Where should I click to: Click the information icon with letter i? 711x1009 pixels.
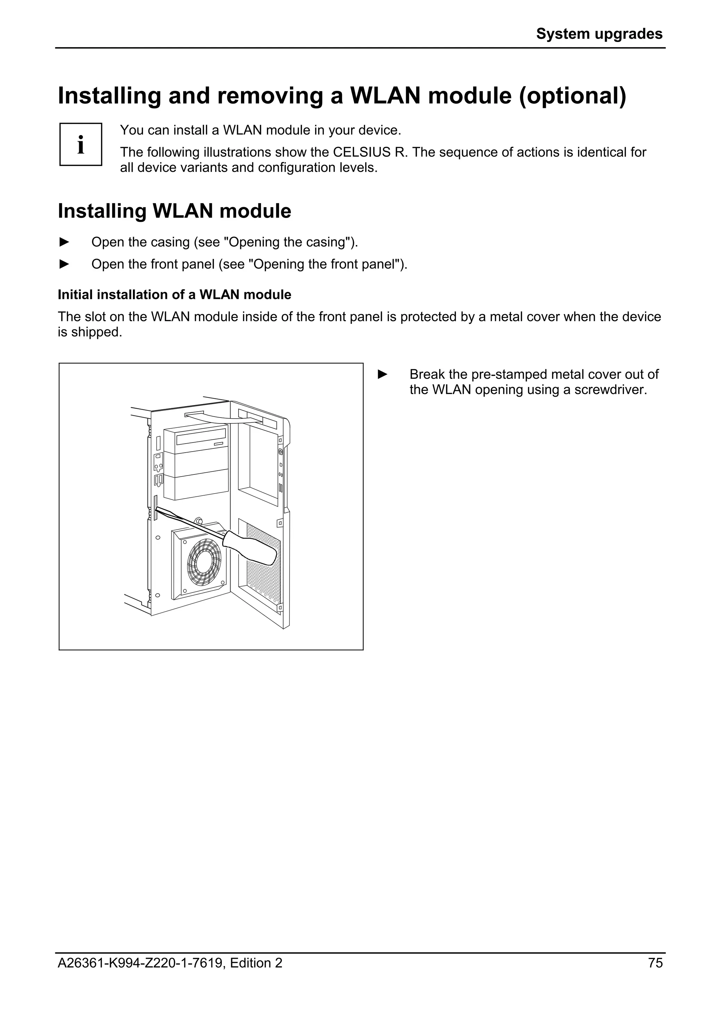pyautogui.click(x=81, y=144)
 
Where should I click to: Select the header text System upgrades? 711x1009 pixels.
pyautogui.click(x=599, y=34)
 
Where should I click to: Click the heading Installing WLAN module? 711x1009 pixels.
pyautogui.click(x=175, y=211)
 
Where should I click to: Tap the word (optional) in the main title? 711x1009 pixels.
pyautogui.click(x=572, y=96)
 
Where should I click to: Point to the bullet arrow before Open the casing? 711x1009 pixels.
pyautogui.click(x=64, y=242)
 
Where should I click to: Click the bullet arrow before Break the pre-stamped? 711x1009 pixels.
pyautogui.click(x=382, y=374)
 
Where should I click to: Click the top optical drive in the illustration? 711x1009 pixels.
pyautogui.click(x=196, y=440)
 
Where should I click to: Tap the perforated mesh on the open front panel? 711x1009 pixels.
pyautogui.click(x=263, y=571)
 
